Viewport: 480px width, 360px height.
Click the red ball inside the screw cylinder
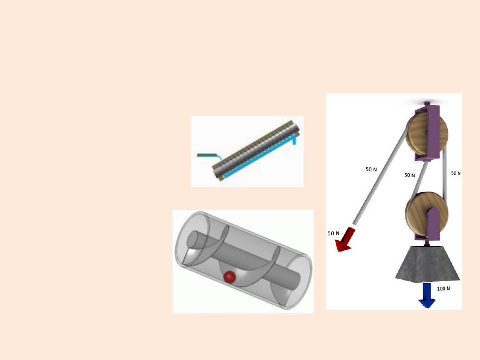pos(229,277)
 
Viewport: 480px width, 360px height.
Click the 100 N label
pos(444,289)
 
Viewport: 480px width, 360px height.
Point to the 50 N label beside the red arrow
pos(333,233)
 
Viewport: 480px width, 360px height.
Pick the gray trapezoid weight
pos(428,263)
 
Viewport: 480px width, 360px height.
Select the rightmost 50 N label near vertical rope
pos(456,173)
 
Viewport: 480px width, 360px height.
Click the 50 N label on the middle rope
pos(410,175)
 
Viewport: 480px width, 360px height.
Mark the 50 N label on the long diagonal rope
pos(371,169)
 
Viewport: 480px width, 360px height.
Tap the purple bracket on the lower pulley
pos(431,224)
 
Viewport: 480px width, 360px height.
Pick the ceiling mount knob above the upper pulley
pos(427,104)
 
